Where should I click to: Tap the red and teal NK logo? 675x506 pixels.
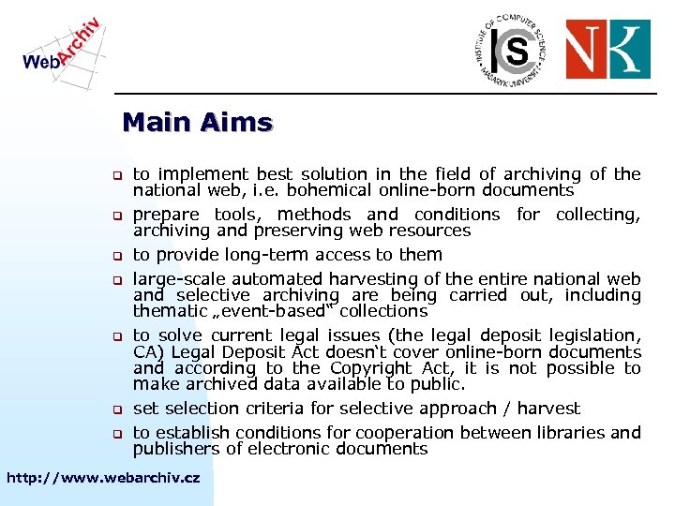[607, 49]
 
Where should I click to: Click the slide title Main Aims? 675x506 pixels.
[197, 123]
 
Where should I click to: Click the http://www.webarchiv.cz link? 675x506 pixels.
[103, 478]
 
